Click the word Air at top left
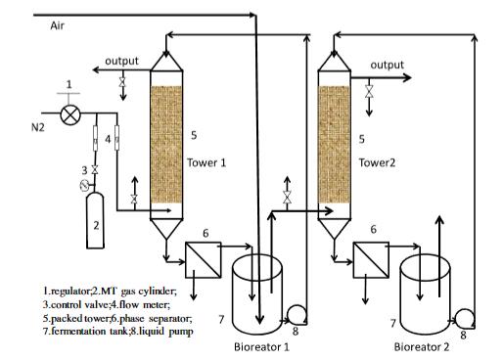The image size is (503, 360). click(x=57, y=25)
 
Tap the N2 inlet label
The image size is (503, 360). click(x=38, y=127)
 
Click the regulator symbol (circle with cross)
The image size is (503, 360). click(x=70, y=114)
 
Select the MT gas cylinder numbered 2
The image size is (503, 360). click(x=95, y=220)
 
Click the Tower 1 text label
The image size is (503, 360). click(x=206, y=162)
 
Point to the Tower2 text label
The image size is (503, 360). click(x=377, y=162)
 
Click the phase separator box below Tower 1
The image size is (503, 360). click(x=203, y=260)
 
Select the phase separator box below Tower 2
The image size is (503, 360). click(x=371, y=260)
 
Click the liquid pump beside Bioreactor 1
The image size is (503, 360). click(x=297, y=315)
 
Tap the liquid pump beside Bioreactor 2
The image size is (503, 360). click(x=465, y=318)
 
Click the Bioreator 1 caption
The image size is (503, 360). click(x=261, y=346)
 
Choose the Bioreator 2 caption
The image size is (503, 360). click(x=422, y=346)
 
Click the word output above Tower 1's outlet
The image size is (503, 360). click(x=121, y=61)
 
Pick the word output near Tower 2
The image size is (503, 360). click(x=388, y=65)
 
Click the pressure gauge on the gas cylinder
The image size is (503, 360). click(x=84, y=186)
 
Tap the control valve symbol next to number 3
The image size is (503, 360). click(x=95, y=169)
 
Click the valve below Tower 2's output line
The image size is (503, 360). click(x=369, y=91)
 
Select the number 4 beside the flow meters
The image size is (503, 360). click(x=108, y=139)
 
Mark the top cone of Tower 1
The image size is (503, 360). click(x=166, y=62)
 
